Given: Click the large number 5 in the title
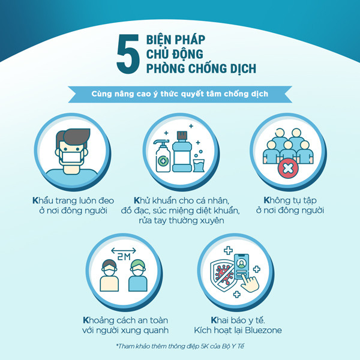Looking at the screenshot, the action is [x=128, y=54].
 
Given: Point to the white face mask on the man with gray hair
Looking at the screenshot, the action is [x=71, y=157].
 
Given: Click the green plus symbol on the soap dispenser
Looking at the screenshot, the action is [x=163, y=161].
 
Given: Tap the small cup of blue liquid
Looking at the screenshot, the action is [x=199, y=166].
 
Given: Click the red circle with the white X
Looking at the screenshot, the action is [x=288, y=168].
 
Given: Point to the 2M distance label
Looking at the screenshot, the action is [x=124, y=257].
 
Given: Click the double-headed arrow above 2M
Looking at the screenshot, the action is [x=124, y=250].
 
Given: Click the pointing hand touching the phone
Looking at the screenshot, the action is [x=250, y=283].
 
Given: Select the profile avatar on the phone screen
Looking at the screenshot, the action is [x=241, y=263].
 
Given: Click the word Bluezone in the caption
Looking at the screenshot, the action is [x=263, y=330].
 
